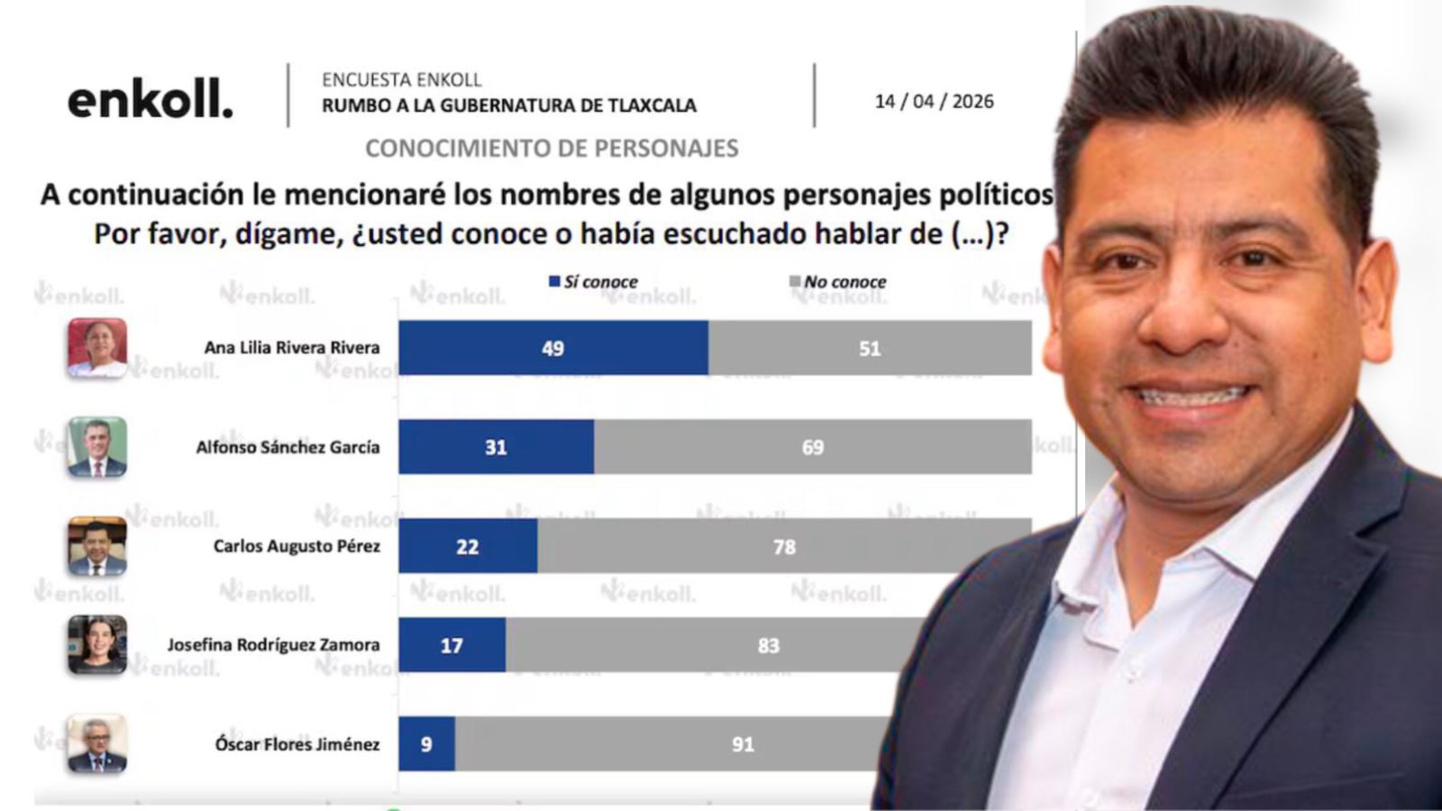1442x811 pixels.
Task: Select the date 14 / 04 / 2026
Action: [934, 102]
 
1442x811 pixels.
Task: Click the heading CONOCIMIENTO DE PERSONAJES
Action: [552, 149]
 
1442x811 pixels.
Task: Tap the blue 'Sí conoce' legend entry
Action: [594, 282]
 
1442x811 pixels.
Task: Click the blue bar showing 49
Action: [552, 348]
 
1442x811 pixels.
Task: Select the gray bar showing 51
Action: [869, 348]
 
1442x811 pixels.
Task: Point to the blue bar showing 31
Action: [496, 447]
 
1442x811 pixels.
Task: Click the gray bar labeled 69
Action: [812, 447]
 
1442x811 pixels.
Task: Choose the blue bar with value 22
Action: [468, 546]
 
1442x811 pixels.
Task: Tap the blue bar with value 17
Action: [452, 645]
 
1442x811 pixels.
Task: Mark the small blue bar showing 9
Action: [426, 744]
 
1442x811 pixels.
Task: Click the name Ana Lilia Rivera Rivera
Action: [292, 348]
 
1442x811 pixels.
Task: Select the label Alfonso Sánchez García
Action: [287, 447]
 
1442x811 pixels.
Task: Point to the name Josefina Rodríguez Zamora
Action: [273, 645]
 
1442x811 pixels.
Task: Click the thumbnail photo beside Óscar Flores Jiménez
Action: [97, 744]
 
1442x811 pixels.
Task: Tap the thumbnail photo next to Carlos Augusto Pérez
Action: [97, 546]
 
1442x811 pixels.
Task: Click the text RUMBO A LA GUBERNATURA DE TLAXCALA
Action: [509, 105]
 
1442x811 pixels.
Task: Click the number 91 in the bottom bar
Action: [743, 744]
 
